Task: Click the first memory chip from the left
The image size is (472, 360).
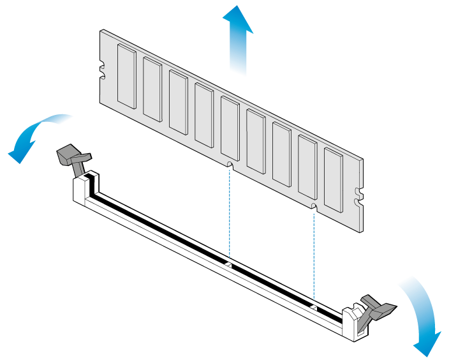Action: point(127,75)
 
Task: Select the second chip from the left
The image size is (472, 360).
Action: point(152,89)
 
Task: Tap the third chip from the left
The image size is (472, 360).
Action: point(178,102)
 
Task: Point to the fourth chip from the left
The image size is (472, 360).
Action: point(204,116)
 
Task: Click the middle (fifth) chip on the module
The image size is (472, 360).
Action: point(230,128)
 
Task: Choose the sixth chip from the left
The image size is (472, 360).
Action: point(256,141)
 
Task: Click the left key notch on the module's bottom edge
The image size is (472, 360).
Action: point(229,165)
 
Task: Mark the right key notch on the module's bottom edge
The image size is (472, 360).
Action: point(313,207)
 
